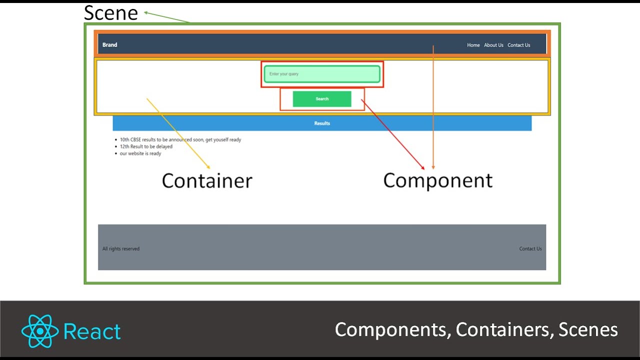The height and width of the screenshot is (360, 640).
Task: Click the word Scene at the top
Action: (x=110, y=12)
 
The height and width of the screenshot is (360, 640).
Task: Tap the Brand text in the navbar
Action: (x=109, y=45)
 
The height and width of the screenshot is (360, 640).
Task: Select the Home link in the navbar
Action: (x=473, y=45)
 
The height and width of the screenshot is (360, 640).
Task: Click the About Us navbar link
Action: (x=493, y=45)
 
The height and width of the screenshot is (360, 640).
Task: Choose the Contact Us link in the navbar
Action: (x=518, y=45)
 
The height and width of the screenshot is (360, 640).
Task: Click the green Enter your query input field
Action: (x=322, y=74)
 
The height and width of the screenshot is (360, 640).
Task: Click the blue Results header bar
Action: (x=322, y=123)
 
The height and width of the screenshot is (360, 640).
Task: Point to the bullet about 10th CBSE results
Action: (x=180, y=139)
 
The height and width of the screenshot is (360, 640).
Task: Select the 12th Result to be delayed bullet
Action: (x=146, y=146)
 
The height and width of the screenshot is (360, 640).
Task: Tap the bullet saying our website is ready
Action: (x=140, y=153)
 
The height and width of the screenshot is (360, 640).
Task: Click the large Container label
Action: (x=207, y=180)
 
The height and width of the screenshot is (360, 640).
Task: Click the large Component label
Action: (x=438, y=180)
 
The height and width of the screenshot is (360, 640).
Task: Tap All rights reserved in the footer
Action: (x=121, y=248)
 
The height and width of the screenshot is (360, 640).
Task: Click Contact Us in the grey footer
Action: (x=530, y=248)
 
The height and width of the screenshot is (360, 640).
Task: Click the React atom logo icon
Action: (x=40, y=331)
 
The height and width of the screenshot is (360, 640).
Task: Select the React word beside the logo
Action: (x=92, y=331)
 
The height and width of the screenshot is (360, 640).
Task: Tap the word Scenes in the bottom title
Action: (x=588, y=329)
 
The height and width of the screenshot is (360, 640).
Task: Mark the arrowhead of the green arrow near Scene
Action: (x=146, y=12)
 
